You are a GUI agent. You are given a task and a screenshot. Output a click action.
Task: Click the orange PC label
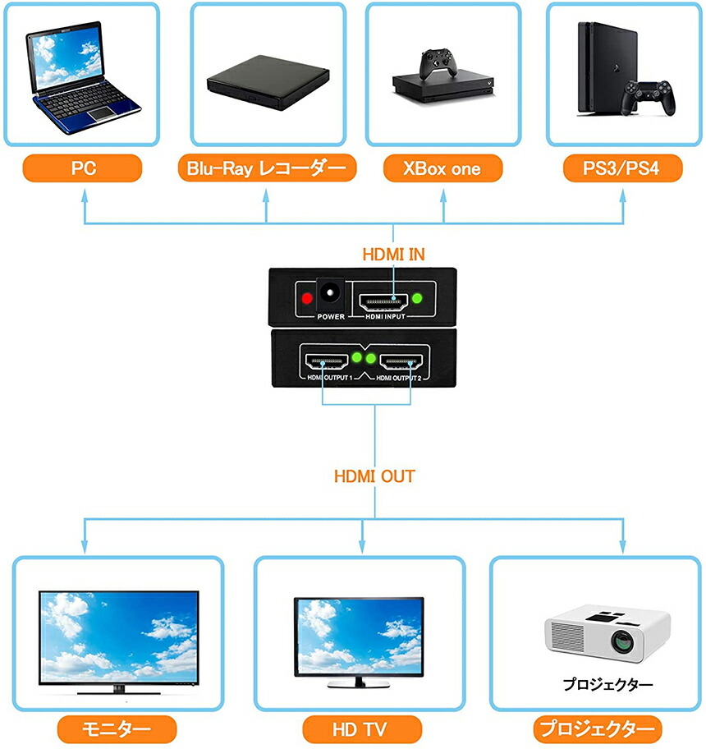click(x=84, y=169)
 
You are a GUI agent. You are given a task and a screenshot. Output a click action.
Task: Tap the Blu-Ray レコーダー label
click(x=266, y=169)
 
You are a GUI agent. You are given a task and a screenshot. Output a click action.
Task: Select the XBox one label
click(x=442, y=169)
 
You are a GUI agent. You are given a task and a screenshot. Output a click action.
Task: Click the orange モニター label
click(x=117, y=728)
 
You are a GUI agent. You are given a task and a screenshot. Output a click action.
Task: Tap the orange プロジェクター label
click(x=597, y=728)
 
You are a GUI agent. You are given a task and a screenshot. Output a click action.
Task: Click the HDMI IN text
click(x=393, y=255)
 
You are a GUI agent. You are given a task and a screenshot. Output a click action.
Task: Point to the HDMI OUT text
click(x=374, y=476)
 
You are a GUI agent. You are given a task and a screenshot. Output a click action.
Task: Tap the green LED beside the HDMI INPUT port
click(x=419, y=298)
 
